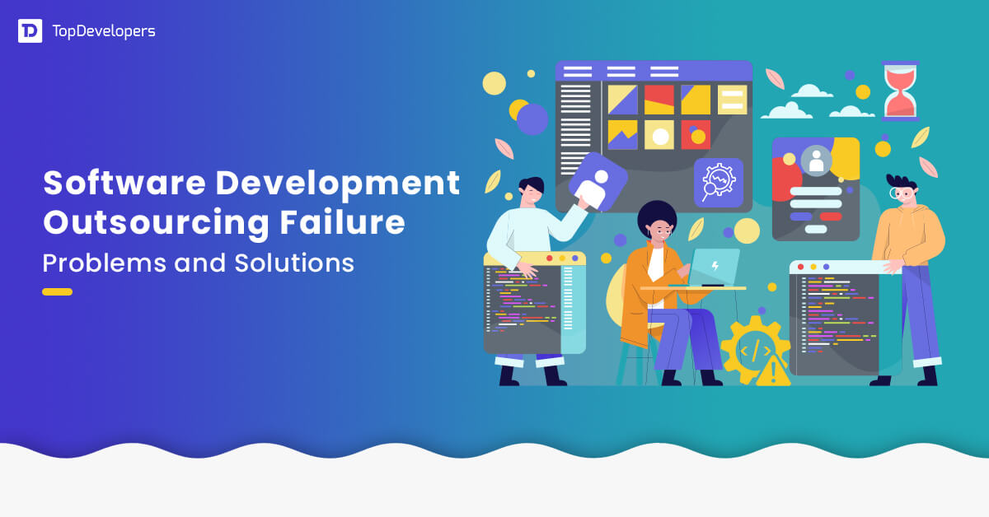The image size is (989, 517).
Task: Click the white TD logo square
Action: [x=30, y=31]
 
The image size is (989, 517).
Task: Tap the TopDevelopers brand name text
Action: [x=103, y=31]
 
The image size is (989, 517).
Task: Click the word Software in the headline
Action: [x=120, y=183]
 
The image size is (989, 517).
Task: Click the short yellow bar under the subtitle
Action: [x=57, y=291]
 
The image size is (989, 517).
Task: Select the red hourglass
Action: [x=900, y=91]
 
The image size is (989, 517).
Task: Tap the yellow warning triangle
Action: [x=772, y=372]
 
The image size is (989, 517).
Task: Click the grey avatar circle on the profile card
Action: [x=817, y=160]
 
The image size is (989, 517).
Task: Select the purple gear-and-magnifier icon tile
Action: [x=718, y=183]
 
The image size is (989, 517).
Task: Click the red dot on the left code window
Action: [x=549, y=258]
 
